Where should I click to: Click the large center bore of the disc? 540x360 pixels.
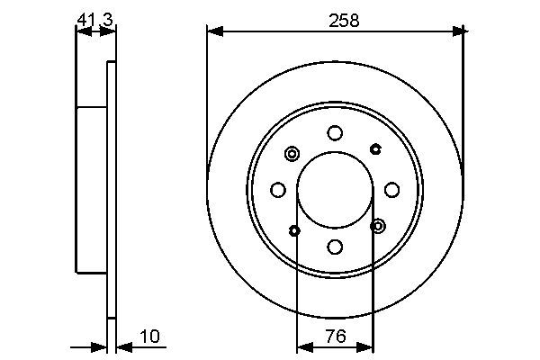335,189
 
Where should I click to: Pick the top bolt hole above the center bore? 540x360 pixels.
335,133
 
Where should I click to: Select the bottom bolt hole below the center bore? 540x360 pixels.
335,246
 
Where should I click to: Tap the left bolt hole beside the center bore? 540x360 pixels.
278,189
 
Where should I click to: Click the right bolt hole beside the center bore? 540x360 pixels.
391,189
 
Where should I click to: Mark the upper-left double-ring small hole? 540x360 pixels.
292,154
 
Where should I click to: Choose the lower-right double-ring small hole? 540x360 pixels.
377,225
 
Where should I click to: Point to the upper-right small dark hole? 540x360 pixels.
375,148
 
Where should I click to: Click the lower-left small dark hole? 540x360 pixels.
295,230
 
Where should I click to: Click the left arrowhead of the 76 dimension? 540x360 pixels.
301,346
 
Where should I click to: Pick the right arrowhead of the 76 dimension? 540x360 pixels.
368,346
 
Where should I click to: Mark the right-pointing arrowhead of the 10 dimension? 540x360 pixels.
102,346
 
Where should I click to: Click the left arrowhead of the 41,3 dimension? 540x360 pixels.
81,31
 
